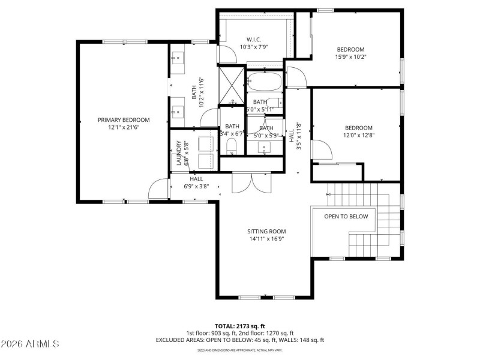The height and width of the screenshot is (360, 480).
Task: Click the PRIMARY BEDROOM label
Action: (124, 120)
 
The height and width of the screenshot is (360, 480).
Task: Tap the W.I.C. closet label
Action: (254, 40)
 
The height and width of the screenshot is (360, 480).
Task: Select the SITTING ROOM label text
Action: (266, 231)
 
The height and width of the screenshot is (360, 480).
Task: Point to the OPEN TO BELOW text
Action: (346, 217)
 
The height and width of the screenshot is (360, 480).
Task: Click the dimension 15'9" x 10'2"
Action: (350, 57)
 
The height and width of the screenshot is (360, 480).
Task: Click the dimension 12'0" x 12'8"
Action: (358, 135)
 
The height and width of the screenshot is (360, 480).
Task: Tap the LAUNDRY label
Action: (179, 153)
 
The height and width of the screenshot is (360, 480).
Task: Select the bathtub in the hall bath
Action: (264, 81)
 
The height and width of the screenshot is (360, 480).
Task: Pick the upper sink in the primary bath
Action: (178, 59)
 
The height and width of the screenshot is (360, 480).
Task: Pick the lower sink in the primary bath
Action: (178, 111)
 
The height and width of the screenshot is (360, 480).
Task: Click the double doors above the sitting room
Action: (252, 183)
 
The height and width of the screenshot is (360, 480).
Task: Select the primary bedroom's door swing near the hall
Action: (157, 189)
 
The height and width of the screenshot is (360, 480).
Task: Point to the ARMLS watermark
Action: (30, 344)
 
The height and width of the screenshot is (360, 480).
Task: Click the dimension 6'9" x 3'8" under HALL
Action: (196, 187)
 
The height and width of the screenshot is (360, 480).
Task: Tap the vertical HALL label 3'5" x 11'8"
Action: (294, 135)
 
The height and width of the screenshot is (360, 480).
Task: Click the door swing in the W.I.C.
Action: (226, 55)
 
